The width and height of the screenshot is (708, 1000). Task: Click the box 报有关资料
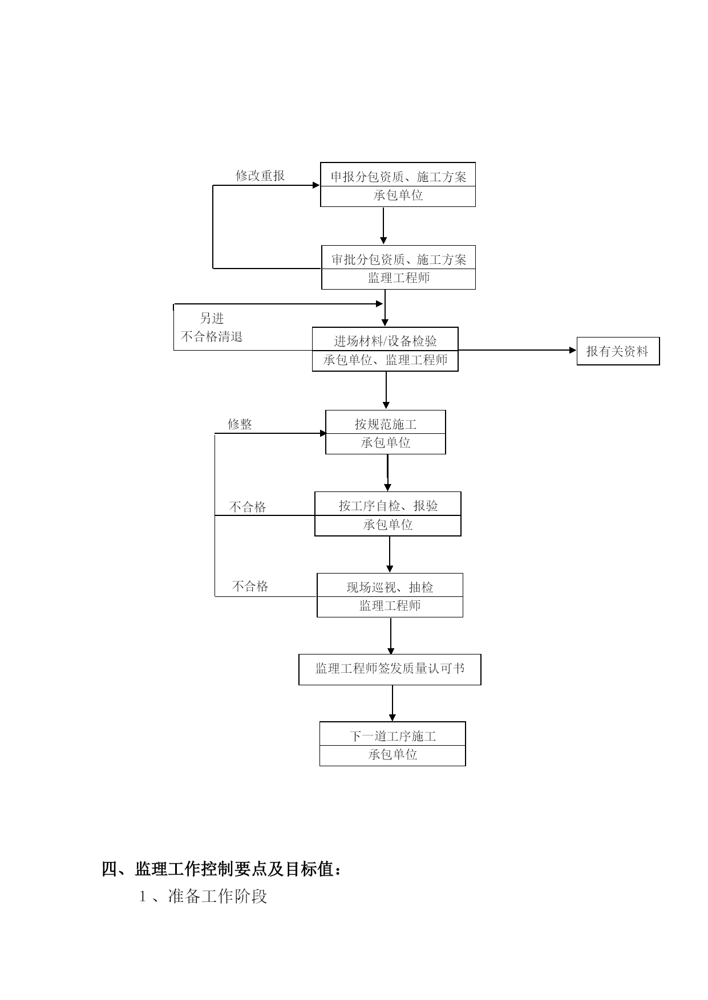pyautogui.click(x=618, y=351)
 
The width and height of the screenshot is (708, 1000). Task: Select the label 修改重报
pyautogui.click(x=260, y=176)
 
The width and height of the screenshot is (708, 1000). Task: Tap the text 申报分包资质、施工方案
pyautogui.click(x=398, y=177)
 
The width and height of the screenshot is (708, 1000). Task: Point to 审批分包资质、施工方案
pyautogui.click(x=399, y=259)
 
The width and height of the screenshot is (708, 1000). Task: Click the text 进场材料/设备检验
pyautogui.click(x=385, y=341)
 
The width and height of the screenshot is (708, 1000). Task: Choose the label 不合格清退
pyautogui.click(x=212, y=336)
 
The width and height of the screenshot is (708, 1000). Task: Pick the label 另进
pyautogui.click(x=212, y=318)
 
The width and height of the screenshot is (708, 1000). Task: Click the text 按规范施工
pyautogui.click(x=386, y=424)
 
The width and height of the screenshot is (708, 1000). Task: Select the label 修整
pyautogui.click(x=240, y=424)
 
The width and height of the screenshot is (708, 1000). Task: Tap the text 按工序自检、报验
pyautogui.click(x=388, y=506)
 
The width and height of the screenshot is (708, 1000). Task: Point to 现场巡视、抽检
pyautogui.click(x=390, y=587)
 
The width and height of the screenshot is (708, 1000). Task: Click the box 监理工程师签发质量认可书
pyautogui.click(x=390, y=669)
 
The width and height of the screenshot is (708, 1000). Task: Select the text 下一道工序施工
pyautogui.click(x=393, y=736)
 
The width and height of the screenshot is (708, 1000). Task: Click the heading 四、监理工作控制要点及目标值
pyautogui.click(x=222, y=869)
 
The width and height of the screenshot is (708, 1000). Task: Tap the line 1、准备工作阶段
pyautogui.click(x=204, y=896)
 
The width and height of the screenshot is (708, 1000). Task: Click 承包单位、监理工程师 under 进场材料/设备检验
pyautogui.click(x=385, y=360)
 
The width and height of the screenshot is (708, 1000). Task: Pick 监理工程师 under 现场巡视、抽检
pyautogui.click(x=390, y=605)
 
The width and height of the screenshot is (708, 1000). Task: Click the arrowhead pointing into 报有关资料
pyautogui.click(x=573, y=350)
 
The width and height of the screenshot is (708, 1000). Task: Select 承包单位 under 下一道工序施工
pyautogui.click(x=393, y=754)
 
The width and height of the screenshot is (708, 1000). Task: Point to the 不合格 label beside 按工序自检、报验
pyautogui.click(x=248, y=507)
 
